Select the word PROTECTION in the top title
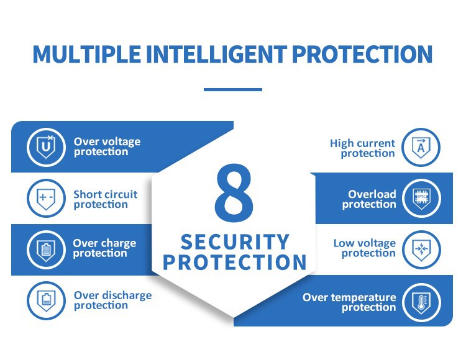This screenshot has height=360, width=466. coord(362,54)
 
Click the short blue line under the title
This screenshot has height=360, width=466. coord(233,89)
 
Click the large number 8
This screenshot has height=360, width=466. coord(234,194)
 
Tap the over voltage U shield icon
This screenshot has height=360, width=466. coord(46,147)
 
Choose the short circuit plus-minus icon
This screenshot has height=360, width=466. coord(46,199)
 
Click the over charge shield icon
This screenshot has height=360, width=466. coord(46,249)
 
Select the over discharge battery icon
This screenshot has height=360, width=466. coord(46,300)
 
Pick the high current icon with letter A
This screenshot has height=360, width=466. coord(421,148)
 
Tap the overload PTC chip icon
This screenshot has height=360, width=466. coord(421,199)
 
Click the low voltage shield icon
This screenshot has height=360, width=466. coord(421,250)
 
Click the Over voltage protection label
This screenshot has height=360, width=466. coord(107,146)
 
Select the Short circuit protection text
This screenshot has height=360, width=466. coord(105,199)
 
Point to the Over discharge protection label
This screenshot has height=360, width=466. coord(112,300)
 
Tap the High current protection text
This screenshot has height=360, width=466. coord(362,148)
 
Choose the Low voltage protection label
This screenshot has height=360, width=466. coord(365,248)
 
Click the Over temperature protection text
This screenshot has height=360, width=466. coord(349,302)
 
